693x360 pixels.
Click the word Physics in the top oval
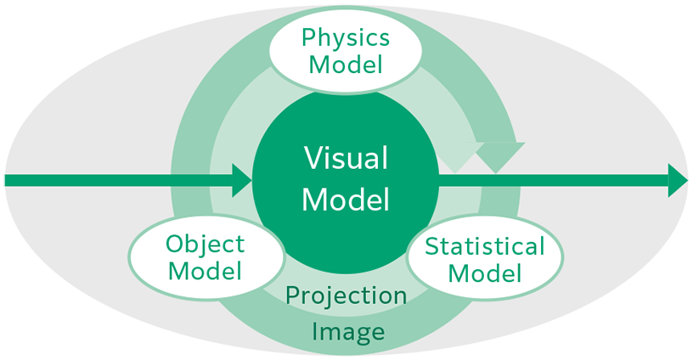pos(346,38)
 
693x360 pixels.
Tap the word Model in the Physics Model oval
pos(346,64)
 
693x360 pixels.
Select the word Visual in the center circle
pos(346,159)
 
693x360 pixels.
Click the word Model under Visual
pos(346,200)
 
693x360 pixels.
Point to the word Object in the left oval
pos(205,245)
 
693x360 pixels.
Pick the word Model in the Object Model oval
pos(205,271)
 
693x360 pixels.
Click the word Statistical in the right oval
pos(484,247)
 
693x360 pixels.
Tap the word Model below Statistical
pos(484,273)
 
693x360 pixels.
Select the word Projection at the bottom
pos(346,295)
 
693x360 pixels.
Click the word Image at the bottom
pos(346,330)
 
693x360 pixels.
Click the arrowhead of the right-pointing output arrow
pos(679,180)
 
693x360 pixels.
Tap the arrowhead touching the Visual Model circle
pos(243,180)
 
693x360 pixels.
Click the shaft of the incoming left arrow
pos(119,180)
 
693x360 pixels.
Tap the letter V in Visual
pos(313,159)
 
